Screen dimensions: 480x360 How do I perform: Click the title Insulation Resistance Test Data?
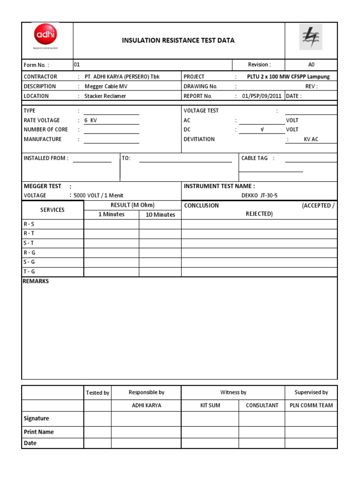click(x=178, y=41)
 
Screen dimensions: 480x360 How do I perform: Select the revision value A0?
click(x=311, y=65)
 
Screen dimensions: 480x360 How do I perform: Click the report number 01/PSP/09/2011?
click(x=262, y=96)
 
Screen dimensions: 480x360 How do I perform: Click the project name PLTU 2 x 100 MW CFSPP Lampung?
click(x=288, y=77)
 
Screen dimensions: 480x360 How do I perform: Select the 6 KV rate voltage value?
click(x=90, y=120)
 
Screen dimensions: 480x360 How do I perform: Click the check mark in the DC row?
click(x=262, y=130)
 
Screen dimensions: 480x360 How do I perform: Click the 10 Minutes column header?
click(x=160, y=215)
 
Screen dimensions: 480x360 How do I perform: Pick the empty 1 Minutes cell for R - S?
click(x=111, y=224)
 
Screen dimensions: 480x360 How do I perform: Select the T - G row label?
click(x=29, y=271)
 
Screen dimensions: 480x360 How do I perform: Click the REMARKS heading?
click(x=36, y=281)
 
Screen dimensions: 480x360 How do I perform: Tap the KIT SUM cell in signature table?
click(x=210, y=405)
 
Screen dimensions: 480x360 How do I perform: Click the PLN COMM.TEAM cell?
click(x=311, y=405)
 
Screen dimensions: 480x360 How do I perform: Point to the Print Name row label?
click(x=38, y=432)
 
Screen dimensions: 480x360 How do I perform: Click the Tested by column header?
click(x=97, y=393)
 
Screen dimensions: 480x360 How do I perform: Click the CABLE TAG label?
click(x=255, y=158)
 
